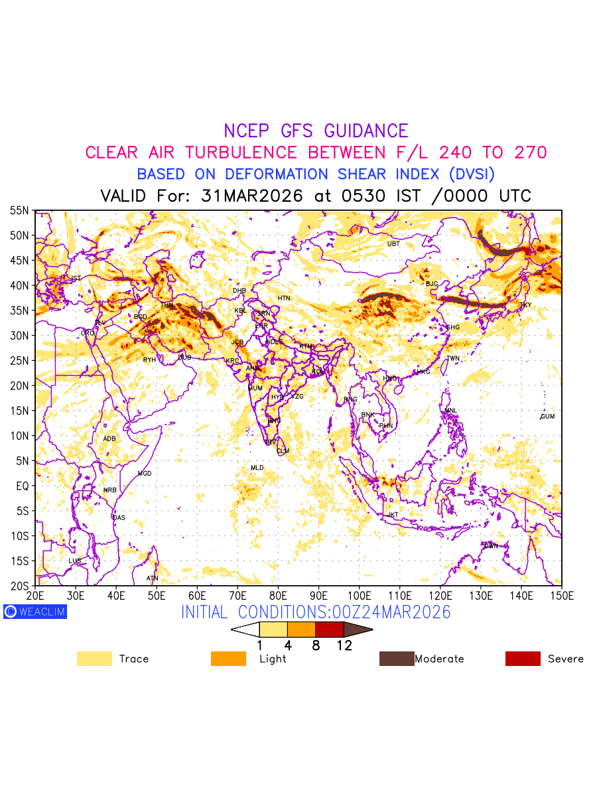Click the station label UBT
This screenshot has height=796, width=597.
point(393,244)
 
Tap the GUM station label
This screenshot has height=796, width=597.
point(547,417)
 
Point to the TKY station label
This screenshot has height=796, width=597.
point(525,305)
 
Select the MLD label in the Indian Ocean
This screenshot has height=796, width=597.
point(257,468)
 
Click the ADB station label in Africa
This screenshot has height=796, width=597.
point(109,439)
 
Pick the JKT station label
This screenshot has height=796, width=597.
point(393,515)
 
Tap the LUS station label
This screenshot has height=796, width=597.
point(75,561)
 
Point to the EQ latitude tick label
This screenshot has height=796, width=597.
point(23,486)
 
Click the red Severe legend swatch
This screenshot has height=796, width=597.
point(523,659)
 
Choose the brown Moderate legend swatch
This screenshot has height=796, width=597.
point(396,659)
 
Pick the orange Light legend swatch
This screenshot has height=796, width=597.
point(228,659)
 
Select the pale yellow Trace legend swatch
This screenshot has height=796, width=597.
point(94,659)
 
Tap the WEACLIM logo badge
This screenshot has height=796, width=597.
point(34,612)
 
